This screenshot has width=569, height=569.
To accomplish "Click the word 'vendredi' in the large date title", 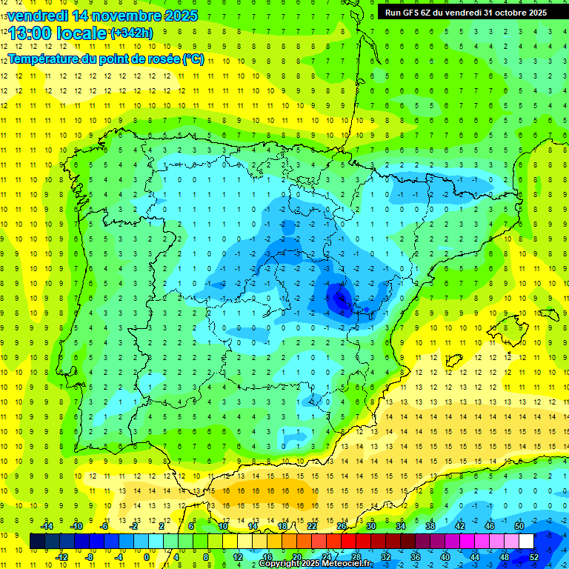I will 38,15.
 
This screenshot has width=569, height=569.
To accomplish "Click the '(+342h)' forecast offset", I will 131,33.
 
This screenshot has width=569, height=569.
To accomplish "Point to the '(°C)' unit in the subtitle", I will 192,59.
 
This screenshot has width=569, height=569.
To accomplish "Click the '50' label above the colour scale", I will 519,526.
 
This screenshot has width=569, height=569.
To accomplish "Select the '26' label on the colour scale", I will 342,526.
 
